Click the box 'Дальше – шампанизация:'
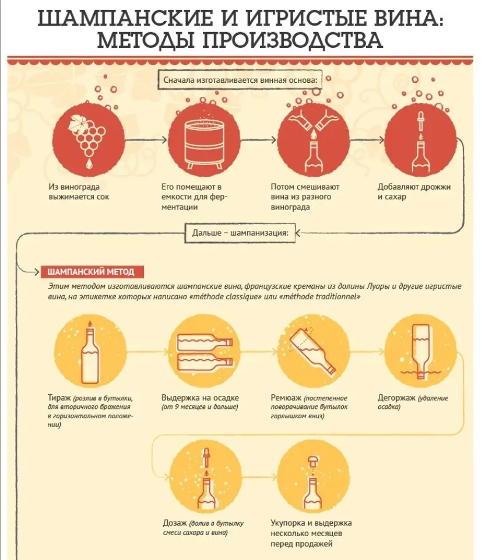(x=240, y=233)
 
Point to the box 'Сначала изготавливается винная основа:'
(x=240, y=80)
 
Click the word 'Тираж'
(x=59, y=398)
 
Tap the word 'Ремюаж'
(x=286, y=398)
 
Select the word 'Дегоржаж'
(x=396, y=398)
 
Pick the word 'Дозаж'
(x=174, y=523)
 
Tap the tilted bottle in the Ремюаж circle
(x=312, y=351)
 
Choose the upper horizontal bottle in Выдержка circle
(x=205, y=342)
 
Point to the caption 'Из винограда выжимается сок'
(x=79, y=192)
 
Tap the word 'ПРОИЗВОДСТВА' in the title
(x=293, y=40)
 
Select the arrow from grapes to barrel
(x=146, y=139)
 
